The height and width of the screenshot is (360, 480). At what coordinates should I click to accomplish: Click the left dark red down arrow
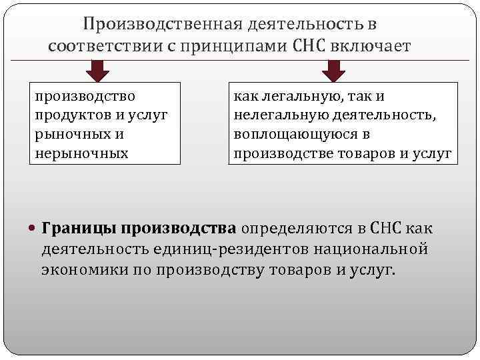[x=99, y=70]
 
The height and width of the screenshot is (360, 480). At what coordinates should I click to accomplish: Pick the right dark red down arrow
[x=333, y=70]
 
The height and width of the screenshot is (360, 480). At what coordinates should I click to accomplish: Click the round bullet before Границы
[x=34, y=229]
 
